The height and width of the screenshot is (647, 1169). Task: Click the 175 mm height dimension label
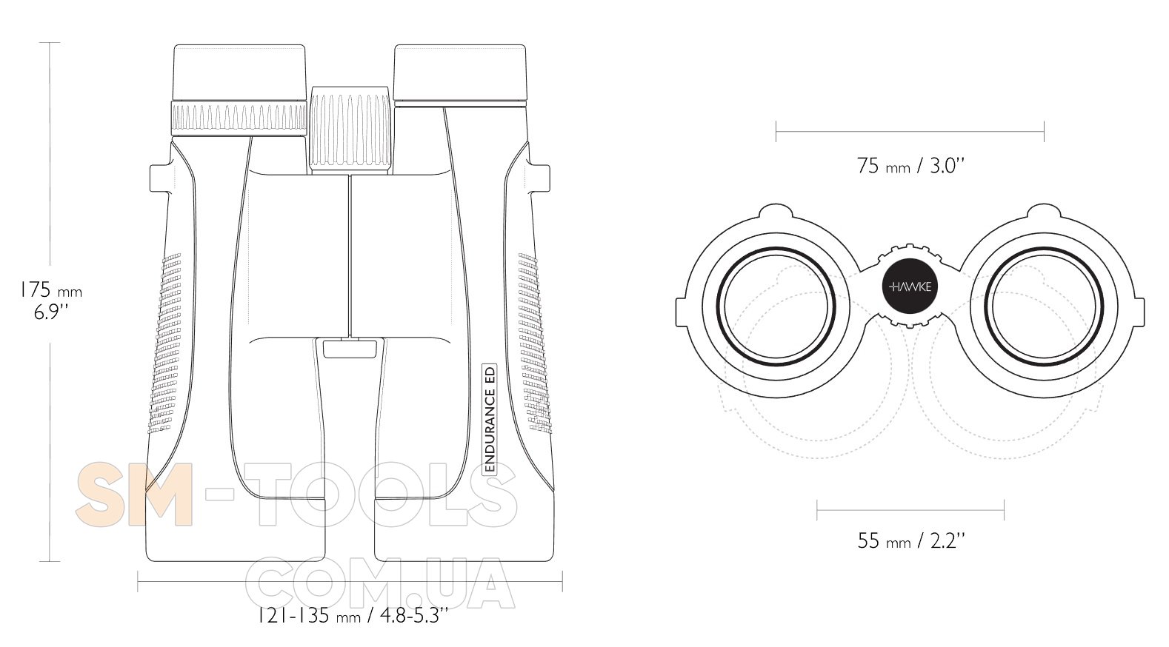50,301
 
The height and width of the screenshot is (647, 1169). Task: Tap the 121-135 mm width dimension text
353,616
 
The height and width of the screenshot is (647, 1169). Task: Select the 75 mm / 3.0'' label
910,166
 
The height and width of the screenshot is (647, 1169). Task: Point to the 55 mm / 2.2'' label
910,540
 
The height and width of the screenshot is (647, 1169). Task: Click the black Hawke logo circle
910,286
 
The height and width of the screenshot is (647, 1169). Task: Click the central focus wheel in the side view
350,130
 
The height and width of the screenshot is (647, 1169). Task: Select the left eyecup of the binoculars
239,72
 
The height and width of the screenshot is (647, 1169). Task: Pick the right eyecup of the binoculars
460,73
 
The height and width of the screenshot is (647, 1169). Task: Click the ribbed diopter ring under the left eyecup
239,118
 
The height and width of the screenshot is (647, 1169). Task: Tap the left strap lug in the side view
160,179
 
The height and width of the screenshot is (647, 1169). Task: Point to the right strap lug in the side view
539,179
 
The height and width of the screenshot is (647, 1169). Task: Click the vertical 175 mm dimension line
50,302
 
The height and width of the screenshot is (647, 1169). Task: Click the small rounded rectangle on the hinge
350,349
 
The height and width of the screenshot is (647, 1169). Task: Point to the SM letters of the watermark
135,495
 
